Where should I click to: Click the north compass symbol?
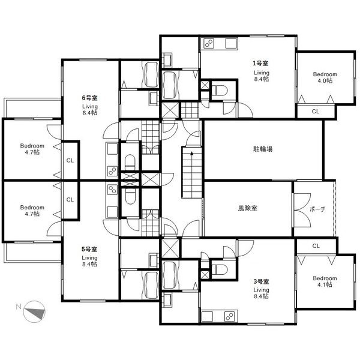pyautogui.click(x=34, y=311)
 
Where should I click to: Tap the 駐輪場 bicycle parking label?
pyautogui.click(x=263, y=149)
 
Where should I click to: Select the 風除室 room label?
pyautogui.click(x=248, y=208)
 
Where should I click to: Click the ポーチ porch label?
pyautogui.click(x=317, y=209)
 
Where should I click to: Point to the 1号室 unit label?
pyautogui.click(x=260, y=63)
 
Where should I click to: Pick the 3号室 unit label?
pyautogui.click(x=261, y=281)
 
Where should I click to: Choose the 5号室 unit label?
pyautogui.click(x=89, y=249)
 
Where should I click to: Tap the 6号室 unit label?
pyautogui.click(x=90, y=98)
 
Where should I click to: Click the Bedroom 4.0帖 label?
pyautogui.click(x=325, y=77)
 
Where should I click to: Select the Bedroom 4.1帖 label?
pyautogui.click(x=325, y=281)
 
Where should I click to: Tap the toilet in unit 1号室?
pyautogui.click(x=220, y=90)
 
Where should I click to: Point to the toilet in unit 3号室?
pyautogui.click(x=220, y=269)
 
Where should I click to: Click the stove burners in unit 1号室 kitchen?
pyautogui.click(x=209, y=43)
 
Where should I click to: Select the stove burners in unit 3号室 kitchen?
pyautogui.click(x=230, y=317)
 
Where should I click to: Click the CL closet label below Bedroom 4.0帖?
pyautogui.click(x=316, y=112)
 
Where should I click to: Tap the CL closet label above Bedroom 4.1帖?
pyautogui.click(x=316, y=246)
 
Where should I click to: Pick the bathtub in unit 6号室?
pyautogui.click(x=151, y=74)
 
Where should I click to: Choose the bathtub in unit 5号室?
pyautogui.click(x=151, y=285)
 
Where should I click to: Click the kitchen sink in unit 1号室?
pyautogui.click(x=231, y=43)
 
